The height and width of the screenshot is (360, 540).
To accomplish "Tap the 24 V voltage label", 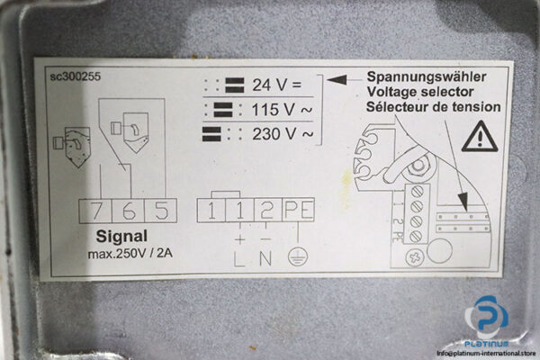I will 274,86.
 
